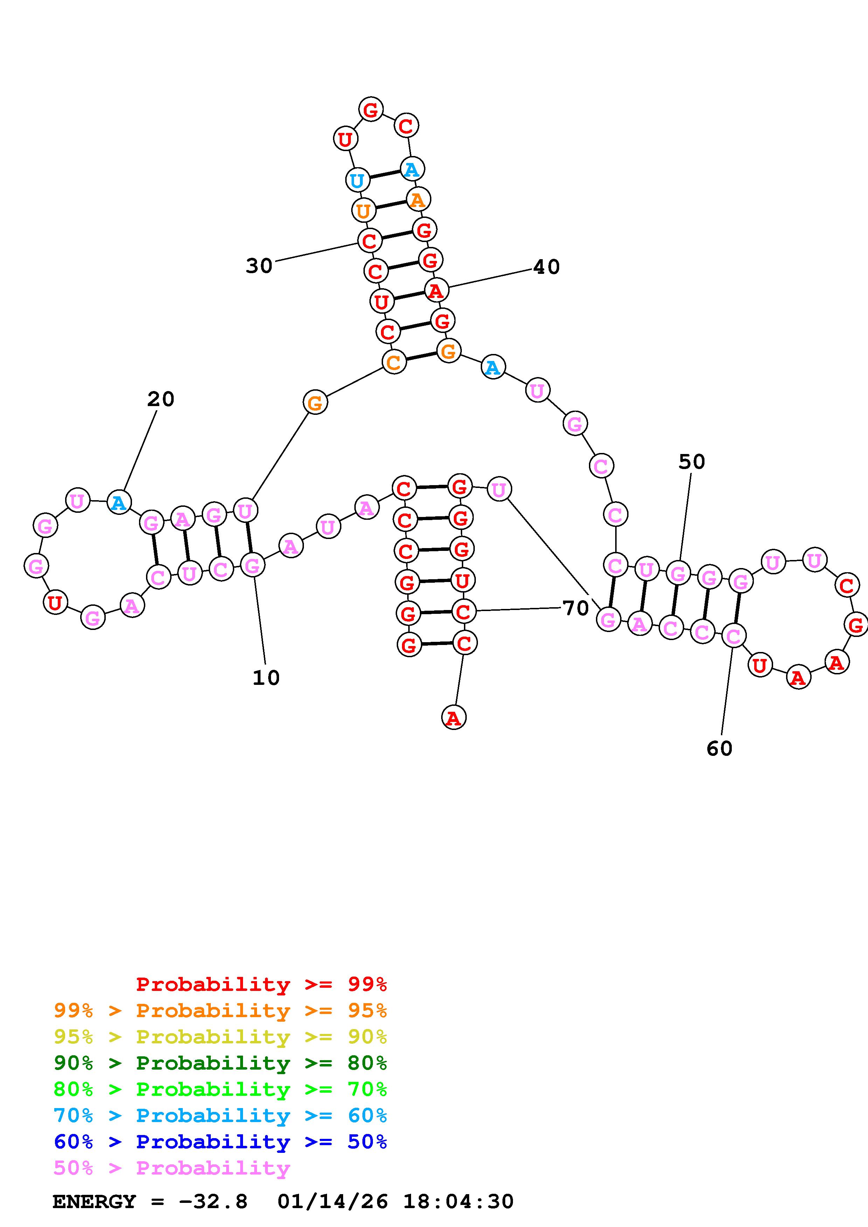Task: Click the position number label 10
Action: point(266,678)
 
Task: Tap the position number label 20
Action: point(160,399)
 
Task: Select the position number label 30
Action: point(259,265)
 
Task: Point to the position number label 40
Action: point(547,267)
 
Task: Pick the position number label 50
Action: point(692,462)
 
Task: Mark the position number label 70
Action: point(576,608)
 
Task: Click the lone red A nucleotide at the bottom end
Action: point(453,717)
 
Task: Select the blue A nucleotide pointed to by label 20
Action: point(119,502)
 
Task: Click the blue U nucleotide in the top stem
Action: point(357,180)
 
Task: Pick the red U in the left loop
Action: point(55,603)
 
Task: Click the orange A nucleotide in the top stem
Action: point(417,200)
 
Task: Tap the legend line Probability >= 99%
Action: point(261,984)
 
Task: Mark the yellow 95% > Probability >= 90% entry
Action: point(220,1037)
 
